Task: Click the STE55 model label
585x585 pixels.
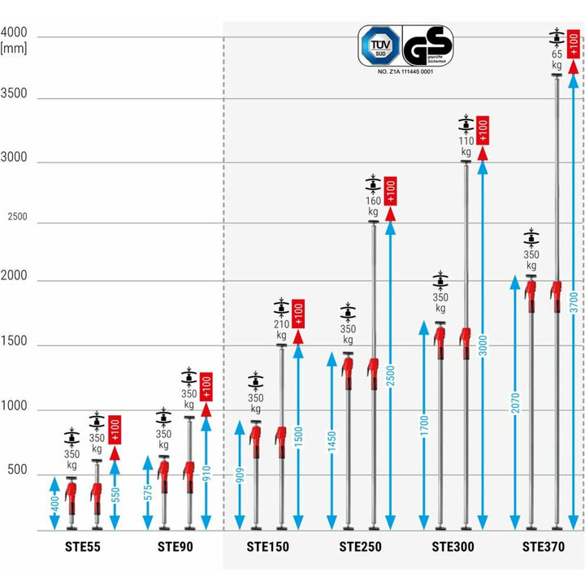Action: coord(84,547)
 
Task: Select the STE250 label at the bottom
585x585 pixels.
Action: coord(360,547)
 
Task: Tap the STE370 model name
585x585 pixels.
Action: coord(544,547)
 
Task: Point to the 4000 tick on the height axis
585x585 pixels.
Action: coord(15,33)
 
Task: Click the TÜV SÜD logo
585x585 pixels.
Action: coord(379,45)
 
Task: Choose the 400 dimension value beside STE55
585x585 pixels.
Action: coord(54,504)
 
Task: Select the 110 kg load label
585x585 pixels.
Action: coord(466,145)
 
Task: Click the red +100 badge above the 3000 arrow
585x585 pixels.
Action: coord(483,130)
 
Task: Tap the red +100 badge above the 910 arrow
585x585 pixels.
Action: coord(205,386)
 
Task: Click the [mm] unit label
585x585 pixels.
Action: coord(15,49)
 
